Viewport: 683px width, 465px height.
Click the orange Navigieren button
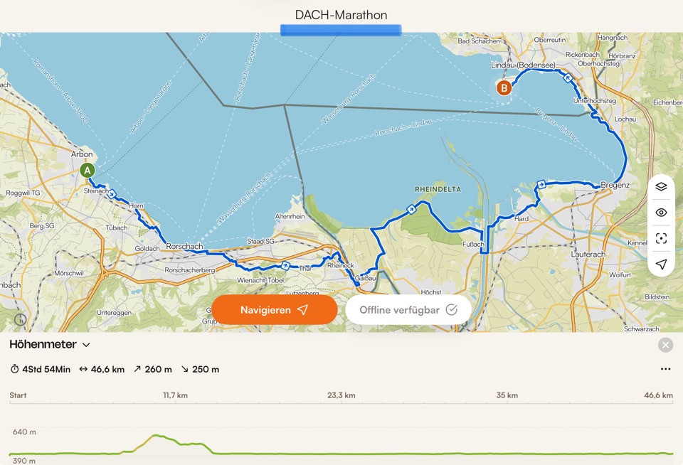[x=274, y=310]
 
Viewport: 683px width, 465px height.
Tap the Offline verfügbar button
[x=408, y=310]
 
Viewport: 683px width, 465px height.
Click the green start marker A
[x=88, y=171]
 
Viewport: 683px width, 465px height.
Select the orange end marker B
[x=504, y=88]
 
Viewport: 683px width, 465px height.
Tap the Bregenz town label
[x=615, y=185]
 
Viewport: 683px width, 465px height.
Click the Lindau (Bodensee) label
[x=523, y=65]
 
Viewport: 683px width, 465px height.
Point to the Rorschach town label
[x=184, y=247]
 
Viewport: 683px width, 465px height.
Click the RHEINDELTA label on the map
[x=438, y=189]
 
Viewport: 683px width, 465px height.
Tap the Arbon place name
[x=83, y=154]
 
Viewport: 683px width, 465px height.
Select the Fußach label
[x=473, y=244]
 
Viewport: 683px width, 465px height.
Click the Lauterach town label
[x=588, y=253]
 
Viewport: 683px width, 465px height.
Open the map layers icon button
[x=661, y=187]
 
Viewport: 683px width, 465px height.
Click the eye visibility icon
[x=661, y=213]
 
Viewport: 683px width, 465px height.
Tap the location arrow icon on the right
[x=661, y=264]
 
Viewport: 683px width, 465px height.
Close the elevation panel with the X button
[x=665, y=345]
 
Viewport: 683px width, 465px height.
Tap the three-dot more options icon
[x=665, y=369]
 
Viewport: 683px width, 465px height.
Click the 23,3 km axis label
[x=341, y=395]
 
